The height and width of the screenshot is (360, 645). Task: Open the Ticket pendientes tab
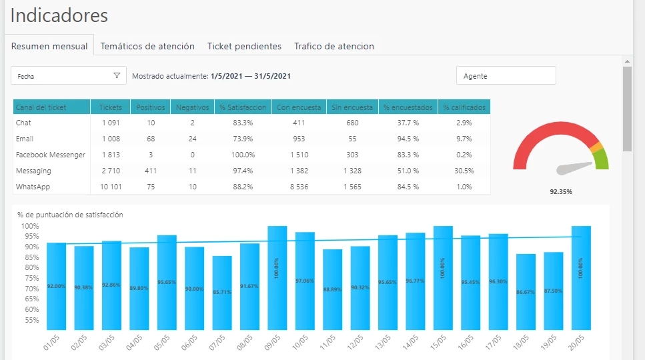pos(244,46)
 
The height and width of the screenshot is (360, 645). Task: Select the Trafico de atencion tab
pos(334,46)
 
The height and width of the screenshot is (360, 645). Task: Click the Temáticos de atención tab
pos(147,46)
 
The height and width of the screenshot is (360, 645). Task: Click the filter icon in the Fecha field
pos(117,76)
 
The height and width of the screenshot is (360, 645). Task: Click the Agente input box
pos(506,76)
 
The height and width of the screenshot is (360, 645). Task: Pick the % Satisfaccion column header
pos(242,107)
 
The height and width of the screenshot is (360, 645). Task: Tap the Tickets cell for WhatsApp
pos(111,187)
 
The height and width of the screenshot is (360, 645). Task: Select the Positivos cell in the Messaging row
pos(151,171)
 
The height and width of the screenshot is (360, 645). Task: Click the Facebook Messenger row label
pos(51,155)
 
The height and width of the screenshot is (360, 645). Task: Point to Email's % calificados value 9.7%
pos(464,139)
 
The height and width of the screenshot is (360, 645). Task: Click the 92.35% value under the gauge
pos(561,191)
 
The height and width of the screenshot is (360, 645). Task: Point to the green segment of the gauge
pos(602,159)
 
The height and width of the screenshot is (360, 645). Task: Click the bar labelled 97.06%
pos(305,280)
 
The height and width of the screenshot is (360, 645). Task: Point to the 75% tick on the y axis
pos(31,278)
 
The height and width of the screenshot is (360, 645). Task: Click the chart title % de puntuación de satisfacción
pos(70,215)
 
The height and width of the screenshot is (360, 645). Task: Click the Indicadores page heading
pos(59,15)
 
